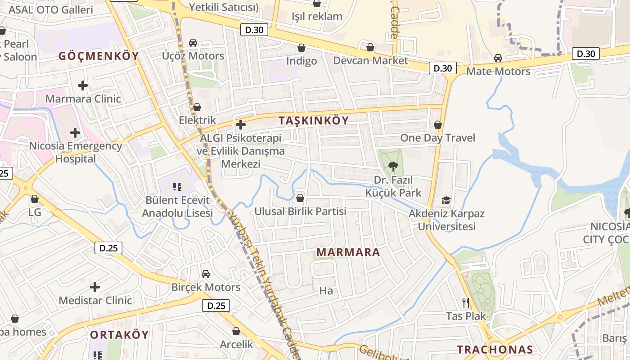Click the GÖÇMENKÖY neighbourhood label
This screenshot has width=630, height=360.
[99, 56]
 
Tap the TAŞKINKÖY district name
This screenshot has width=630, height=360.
[314, 121]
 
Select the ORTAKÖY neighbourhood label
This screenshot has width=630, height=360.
[119, 335]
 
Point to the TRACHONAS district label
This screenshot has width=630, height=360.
[495, 349]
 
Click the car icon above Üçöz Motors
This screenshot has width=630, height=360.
[193, 43]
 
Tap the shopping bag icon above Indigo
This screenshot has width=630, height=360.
[301, 48]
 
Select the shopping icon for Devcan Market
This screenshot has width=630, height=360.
[370, 47]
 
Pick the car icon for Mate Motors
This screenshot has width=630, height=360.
[498, 58]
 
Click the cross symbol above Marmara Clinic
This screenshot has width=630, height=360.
[83, 85]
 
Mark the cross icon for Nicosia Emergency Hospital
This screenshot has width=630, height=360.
[75, 133]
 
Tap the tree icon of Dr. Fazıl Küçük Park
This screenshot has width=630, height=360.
[393, 166]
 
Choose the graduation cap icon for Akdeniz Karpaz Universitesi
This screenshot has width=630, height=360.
[446, 200]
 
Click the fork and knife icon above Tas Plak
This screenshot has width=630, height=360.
[466, 303]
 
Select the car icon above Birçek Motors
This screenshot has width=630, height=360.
[206, 274]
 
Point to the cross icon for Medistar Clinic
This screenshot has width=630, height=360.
[95, 287]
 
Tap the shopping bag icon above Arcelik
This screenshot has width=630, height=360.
[236, 332]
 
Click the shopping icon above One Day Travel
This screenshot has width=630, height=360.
[437, 125]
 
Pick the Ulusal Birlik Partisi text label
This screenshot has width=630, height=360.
[300, 211]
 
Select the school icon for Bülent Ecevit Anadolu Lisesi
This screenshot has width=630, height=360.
[177, 186]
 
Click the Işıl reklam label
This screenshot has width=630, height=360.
[317, 17]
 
